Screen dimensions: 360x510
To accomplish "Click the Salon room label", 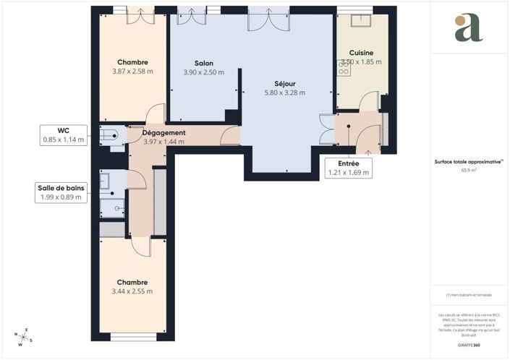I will tap(203, 62).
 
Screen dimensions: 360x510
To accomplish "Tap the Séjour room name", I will tap(284, 82).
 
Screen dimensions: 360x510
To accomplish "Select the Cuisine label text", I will tap(361, 53).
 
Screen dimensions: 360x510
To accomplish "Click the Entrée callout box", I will tap(349, 168).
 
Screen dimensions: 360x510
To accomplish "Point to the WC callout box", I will tap(63, 134).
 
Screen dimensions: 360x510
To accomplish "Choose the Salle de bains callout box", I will tap(61, 192).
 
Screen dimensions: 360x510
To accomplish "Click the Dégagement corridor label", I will tap(164, 133).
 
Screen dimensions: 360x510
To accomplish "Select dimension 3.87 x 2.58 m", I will tap(132, 72).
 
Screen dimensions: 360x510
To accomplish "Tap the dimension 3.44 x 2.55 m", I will tap(132, 291).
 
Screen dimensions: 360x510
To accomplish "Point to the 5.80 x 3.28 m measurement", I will tap(284, 93).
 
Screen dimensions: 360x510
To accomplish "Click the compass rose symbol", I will tap(23, 337).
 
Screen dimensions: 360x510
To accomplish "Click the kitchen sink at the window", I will tap(361, 20).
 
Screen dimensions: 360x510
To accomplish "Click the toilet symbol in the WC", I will tap(109, 134).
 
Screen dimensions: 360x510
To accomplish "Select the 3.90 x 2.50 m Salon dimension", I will tap(203, 72).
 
